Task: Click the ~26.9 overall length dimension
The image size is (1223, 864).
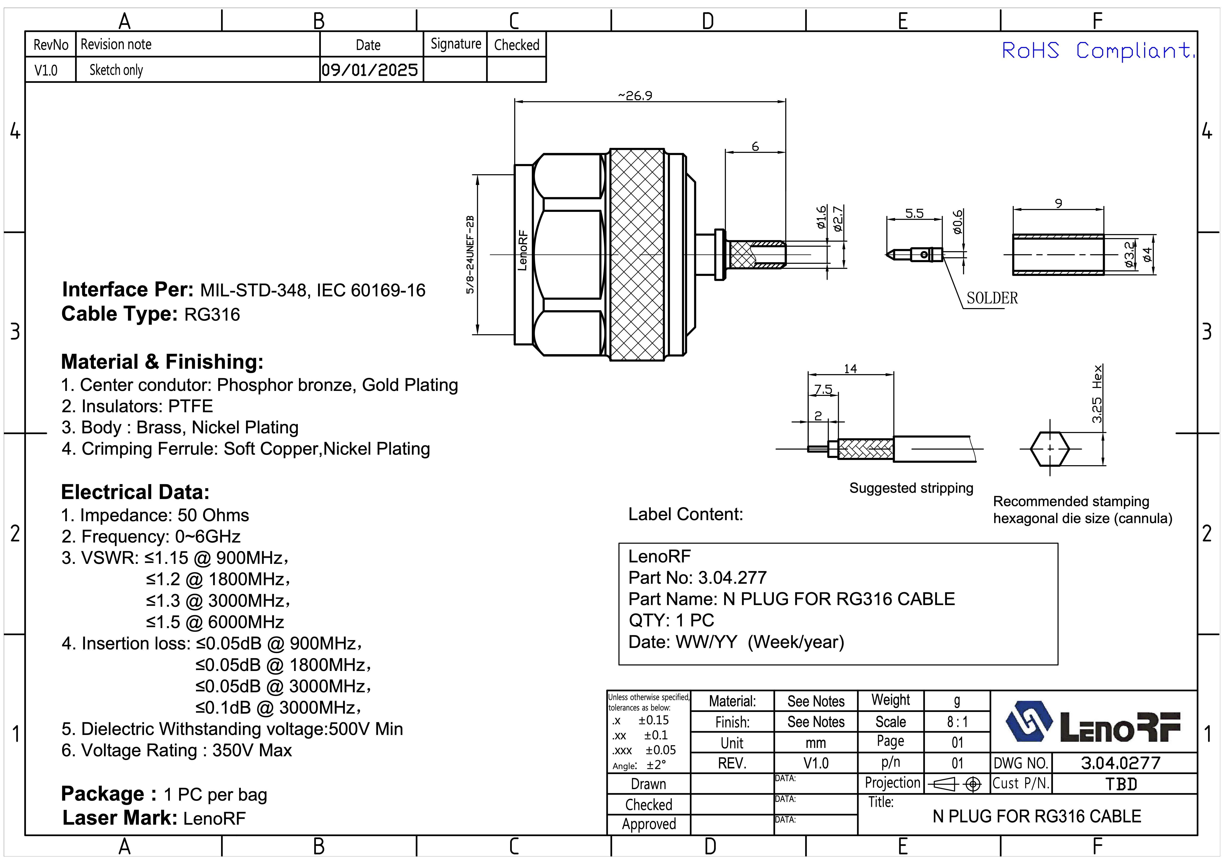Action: pyautogui.click(x=635, y=96)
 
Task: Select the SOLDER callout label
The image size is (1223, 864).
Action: pyautogui.click(x=992, y=298)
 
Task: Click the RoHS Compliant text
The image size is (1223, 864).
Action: pyautogui.click(x=1097, y=51)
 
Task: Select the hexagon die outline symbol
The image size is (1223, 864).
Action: pyautogui.click(x=1050, y=448)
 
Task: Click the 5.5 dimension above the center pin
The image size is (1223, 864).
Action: pyautogui.click(x=914, y=214)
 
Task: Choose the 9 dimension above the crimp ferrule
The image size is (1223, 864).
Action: pyautogui.click(x=1058, y=204)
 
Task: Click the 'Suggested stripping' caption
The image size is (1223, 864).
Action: pyautogui.click(x=911, y=488)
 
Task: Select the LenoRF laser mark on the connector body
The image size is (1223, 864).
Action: pyautogui.click(x=522, y=250)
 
